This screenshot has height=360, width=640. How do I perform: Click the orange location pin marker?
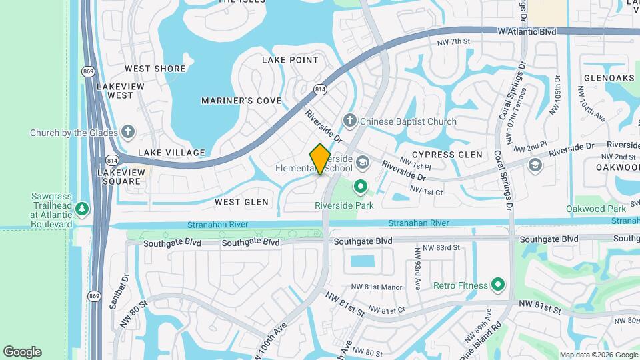tap(321, 159)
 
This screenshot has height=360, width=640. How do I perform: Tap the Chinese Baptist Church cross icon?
tap(349, 121)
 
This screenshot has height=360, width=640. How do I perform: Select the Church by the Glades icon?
tap(127, 132)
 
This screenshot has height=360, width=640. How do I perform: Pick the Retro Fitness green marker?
tap(497, 285)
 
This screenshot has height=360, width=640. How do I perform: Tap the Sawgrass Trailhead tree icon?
tap(82, 209)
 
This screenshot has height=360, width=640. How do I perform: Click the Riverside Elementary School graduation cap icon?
tap(362, 162)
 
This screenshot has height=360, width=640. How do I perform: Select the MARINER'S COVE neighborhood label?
tap(241, 101)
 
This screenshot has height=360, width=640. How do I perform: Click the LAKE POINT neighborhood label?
tap(290, 60)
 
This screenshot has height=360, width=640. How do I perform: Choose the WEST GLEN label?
tap(241, 201)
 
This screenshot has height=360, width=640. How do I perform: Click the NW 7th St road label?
tap(454, 41)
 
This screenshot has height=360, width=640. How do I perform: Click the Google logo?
tap(22, 352)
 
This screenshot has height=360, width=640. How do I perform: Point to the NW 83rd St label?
tap(443, 247)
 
